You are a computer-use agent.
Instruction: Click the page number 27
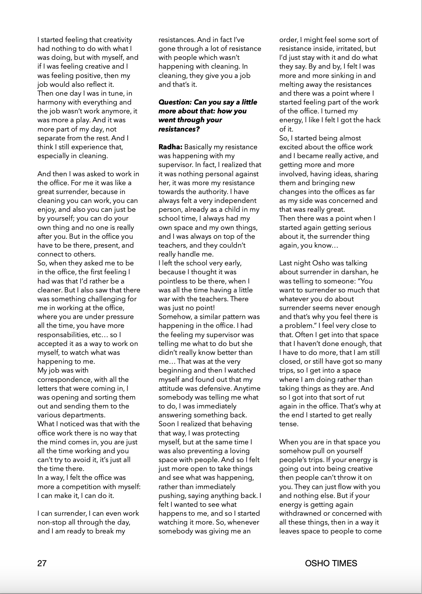click(42, 563)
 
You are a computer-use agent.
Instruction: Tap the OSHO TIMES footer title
click(331, 563)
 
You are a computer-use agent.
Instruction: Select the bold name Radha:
click(170, 147)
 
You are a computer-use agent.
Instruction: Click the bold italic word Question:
click(175, 102)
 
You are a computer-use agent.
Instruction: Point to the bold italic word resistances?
click(179, 129)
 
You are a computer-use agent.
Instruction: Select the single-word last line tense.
click(289, 424)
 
